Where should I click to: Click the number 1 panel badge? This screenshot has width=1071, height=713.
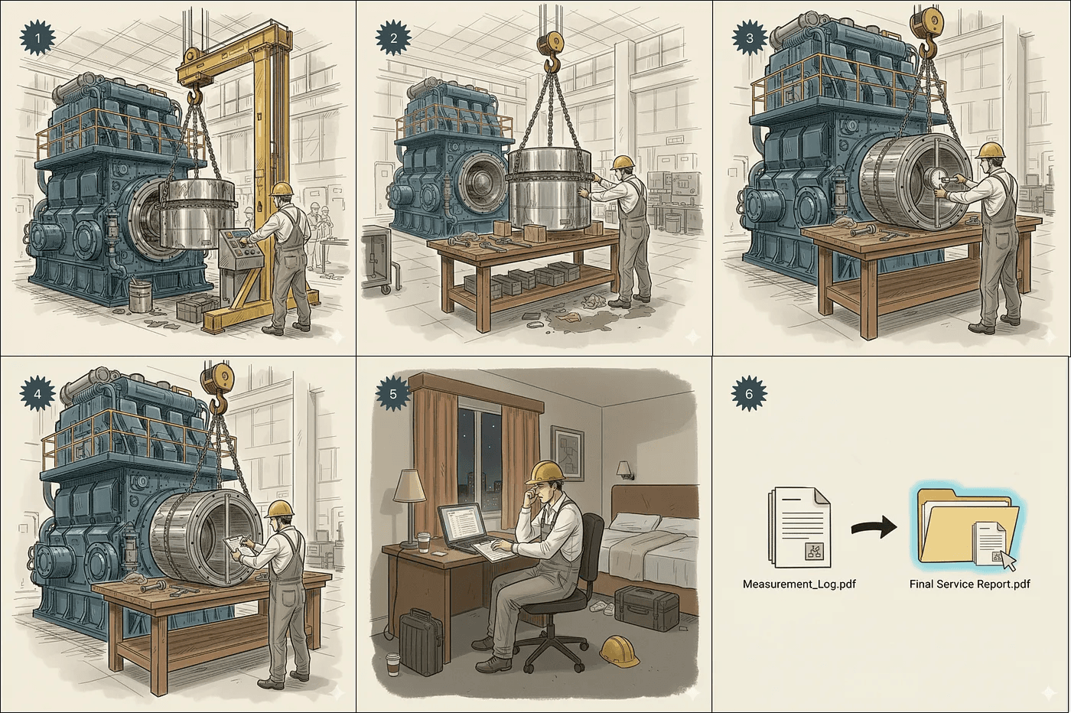tap(37, 38)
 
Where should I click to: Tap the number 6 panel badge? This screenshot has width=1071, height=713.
tap(749, 393)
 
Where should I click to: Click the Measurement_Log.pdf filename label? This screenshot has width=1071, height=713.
tap(799, 584)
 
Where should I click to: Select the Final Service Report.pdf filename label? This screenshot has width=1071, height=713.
tap(970, 584)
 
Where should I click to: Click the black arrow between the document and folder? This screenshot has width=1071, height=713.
tap(874, 528)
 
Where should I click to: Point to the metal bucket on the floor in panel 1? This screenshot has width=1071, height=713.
tap(140, 297)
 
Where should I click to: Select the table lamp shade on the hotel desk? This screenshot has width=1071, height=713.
tap(409, 485)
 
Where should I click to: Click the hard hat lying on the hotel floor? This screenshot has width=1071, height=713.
tap(620, 650)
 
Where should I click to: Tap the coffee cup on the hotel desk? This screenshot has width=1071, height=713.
tap(424, 542)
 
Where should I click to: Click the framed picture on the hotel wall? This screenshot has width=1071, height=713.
tap(567, 452)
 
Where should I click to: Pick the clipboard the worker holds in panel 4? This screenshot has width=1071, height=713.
tap(238, 545)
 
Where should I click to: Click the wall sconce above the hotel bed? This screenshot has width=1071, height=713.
tap(625, 470)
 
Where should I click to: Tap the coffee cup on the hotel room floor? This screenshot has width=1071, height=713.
tap(392, 664)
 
